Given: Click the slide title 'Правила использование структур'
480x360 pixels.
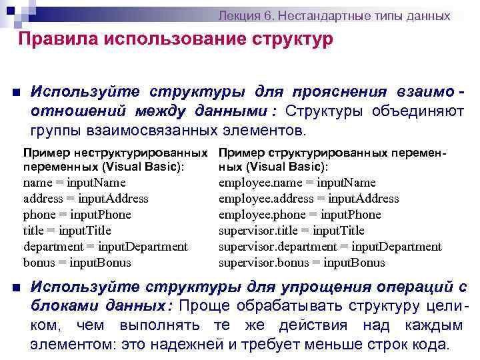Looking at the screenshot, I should click(x=175, y=39).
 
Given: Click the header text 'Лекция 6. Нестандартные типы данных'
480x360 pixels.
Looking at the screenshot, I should click(x=335, y=15).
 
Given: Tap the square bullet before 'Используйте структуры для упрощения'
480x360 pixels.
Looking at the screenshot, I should click(x=14, y=288).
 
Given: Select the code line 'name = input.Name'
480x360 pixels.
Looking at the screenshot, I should click(x=74, y=182).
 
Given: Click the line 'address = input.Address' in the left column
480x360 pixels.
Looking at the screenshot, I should click(x=85, y=198).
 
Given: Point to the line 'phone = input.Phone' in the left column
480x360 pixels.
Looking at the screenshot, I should click(x=77, y=214).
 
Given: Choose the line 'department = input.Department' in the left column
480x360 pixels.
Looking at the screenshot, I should click(x=105, y=246).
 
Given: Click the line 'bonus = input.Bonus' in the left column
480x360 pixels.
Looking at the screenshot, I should click(x=77, y=262).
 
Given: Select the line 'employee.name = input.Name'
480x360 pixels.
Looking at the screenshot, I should click(x=297, y=182).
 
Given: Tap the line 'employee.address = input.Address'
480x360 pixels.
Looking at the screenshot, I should click(x=308, y=198).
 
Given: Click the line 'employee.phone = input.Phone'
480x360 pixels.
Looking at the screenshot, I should click(x=299, y=214).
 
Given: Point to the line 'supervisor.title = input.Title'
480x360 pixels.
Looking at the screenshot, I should click(x=291, y=230).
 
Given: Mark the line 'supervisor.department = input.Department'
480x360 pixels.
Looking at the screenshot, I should click(x=329, y=246).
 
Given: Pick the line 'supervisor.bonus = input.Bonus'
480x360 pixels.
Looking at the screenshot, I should click(x=301, y=262).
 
